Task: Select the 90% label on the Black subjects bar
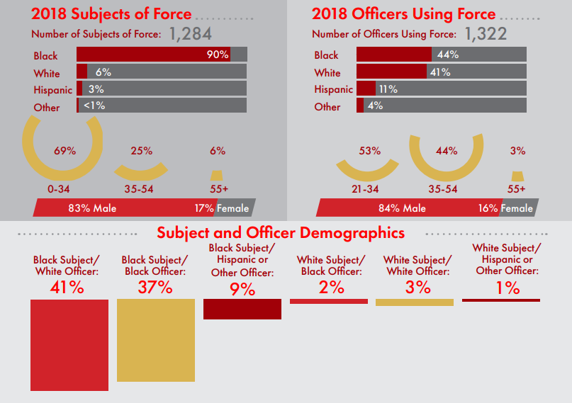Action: click(x=217, y=55)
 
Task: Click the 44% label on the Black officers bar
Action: click(x=448, y=55)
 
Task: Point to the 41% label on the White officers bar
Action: click(x=439, y=72)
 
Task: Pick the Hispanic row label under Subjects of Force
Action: click(x=52, y=90)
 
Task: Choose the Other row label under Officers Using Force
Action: click(x=327, y=107)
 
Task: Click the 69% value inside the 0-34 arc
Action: click(x=65, y=151)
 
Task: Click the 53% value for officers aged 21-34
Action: click(x=370, y=151)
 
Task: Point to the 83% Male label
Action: click(x=92, y=208)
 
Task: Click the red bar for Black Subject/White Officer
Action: click(x=69, y=345)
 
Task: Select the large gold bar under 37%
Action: click(x=156, y=340)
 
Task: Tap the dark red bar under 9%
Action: click(x=242, y=309)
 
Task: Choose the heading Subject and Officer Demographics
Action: click(x=281, y=233)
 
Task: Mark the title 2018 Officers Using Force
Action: click(x=403, y=14)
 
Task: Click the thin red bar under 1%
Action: click(x=501, y=300)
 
